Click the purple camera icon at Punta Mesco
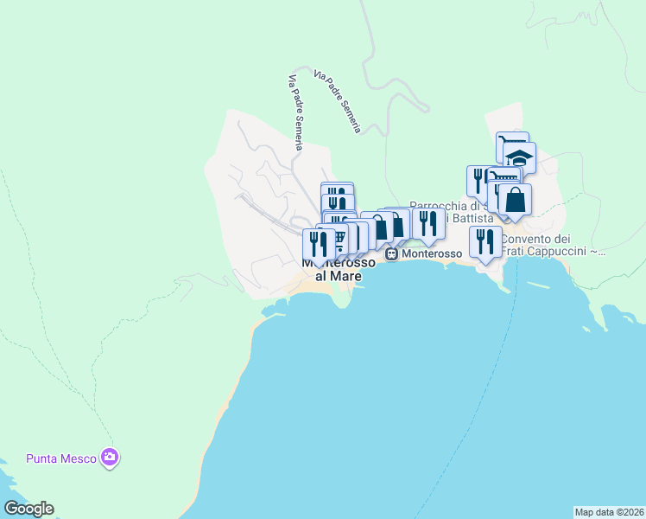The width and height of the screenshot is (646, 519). tap(109, 457)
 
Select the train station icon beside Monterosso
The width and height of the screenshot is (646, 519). tap(392, 254)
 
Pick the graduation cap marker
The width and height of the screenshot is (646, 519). tap(520, 158)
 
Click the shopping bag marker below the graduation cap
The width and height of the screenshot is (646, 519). tap(515, 200)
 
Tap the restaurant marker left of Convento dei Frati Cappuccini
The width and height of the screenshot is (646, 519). tap(485, 242)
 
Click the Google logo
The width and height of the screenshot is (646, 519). tap(28, 509)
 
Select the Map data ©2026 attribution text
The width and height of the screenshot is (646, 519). tap(609, 511)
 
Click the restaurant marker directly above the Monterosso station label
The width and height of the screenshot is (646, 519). tap(428, 224)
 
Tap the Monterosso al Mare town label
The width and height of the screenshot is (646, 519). tap(332, 269)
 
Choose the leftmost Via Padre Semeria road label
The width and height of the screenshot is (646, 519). tap(294, 112)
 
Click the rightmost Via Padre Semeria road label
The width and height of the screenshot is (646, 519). tap(338, 102)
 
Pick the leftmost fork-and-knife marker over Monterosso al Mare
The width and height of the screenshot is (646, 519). tap(318, 245)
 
